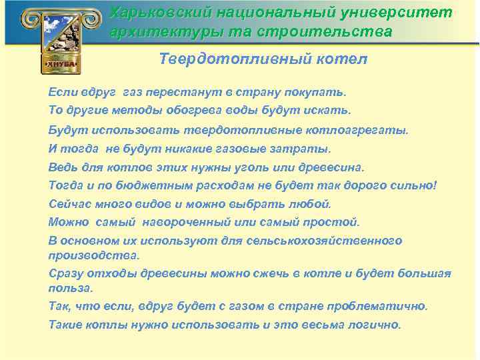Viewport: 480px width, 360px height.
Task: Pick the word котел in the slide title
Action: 343,59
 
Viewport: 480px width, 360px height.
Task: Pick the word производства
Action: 94,255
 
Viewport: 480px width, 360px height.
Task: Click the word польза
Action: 71,288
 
